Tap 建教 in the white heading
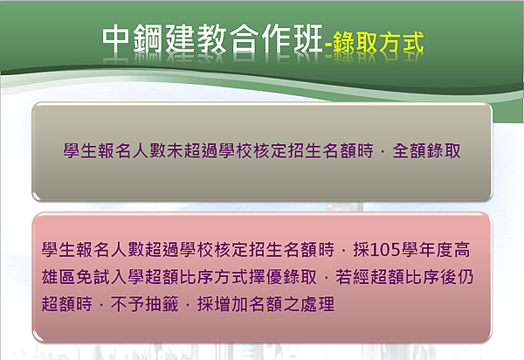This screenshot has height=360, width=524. pos(196,38)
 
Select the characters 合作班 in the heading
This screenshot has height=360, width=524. pos(276,38)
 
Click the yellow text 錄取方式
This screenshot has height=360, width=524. pos(378,43)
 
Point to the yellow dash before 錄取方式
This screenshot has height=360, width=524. pos(328,45)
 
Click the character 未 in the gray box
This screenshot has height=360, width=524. pos(175,150)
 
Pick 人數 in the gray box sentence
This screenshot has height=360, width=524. pos(149,150)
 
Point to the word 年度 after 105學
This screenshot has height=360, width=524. pos(436,250)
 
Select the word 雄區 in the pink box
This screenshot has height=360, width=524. pos(59,277)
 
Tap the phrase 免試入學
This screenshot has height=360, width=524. pos(110,277)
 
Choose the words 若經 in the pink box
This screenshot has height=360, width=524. pos(352,277)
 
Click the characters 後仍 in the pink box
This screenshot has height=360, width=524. pos(457,277)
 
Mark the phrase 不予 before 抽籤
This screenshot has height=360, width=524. pos(128,304)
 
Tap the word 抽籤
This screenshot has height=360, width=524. pos(162,304)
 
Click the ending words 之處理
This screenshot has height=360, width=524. pos(308,304)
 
